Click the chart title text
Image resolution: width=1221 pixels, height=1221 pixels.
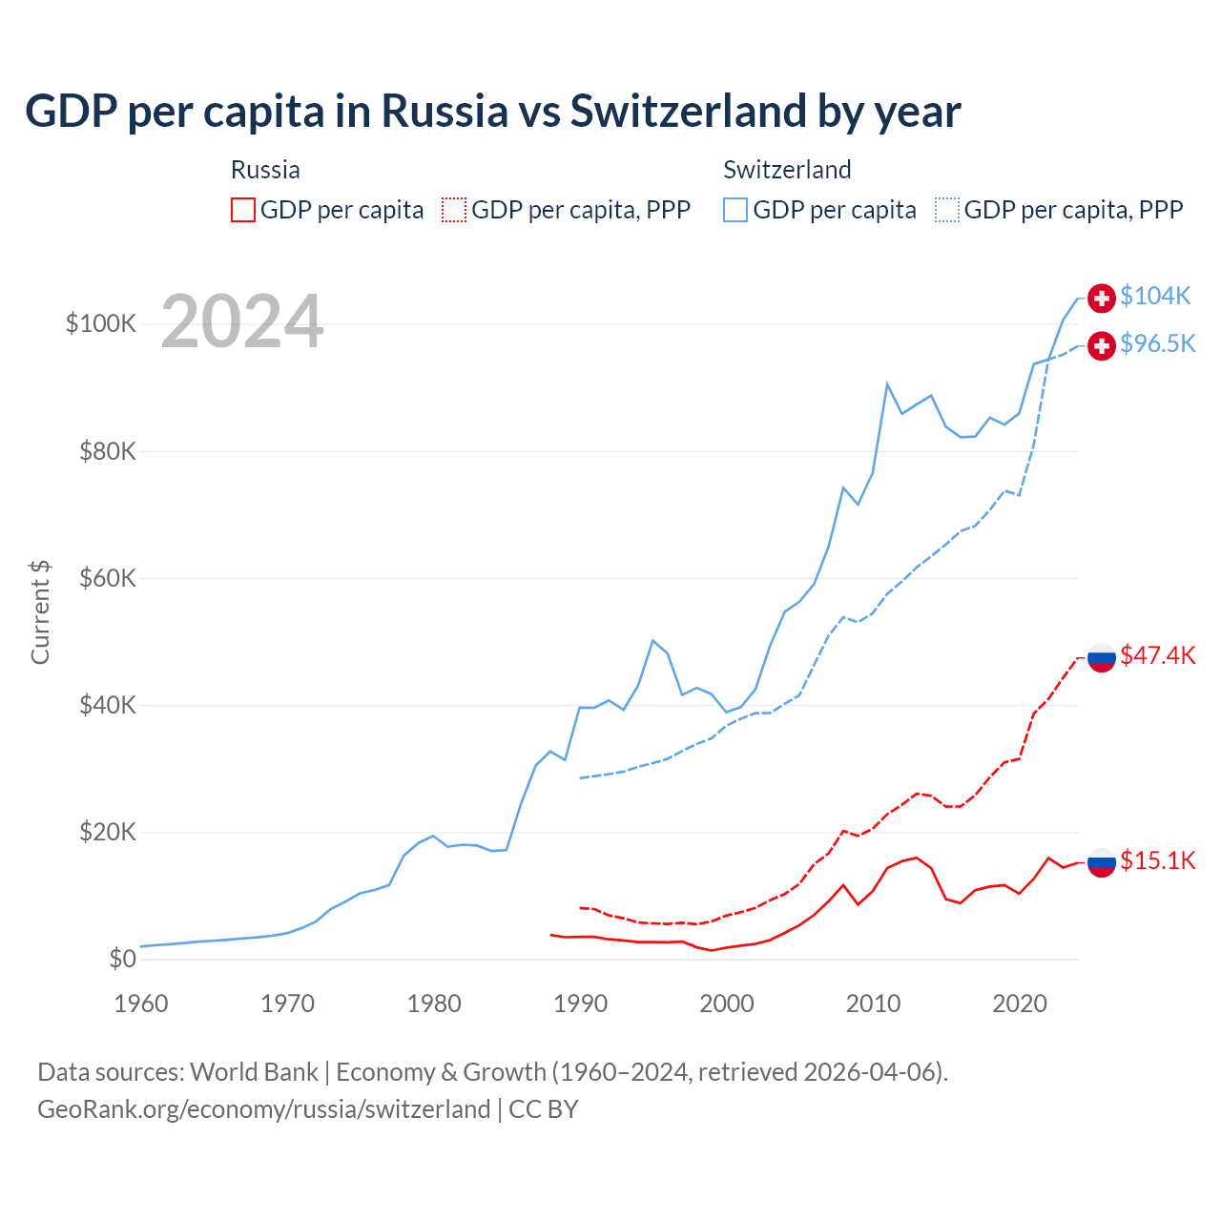tap(492, 112)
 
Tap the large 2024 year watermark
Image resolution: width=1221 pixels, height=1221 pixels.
tap(242, 322)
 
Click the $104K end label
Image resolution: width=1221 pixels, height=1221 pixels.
tap(1155, 297)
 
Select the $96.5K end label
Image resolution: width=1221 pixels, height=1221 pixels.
tap(1157, 344)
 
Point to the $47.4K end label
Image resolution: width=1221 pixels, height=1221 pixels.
tap(1157, 655)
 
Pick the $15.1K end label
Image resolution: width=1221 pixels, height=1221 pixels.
tap(1157, 861)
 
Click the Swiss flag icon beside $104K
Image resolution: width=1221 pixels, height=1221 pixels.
tap(1102, 299)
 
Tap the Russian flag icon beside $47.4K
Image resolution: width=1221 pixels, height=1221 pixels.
tap(1102, 657)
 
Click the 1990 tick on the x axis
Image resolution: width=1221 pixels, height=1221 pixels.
tap(580, 1004)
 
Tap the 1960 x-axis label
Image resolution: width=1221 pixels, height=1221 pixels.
tap(141, 1004)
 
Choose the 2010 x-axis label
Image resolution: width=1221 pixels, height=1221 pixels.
tap(873, 1004)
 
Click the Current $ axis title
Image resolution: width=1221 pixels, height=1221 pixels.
tap(40, 612)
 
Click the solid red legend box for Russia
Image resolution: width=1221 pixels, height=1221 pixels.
tap(243, 210)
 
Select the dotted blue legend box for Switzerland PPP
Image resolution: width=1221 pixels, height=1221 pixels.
tap(947, 210)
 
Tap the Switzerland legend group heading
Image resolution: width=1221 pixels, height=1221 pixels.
tap(787, 170)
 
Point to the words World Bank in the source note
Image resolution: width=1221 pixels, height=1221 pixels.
tap(254, 1072)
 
